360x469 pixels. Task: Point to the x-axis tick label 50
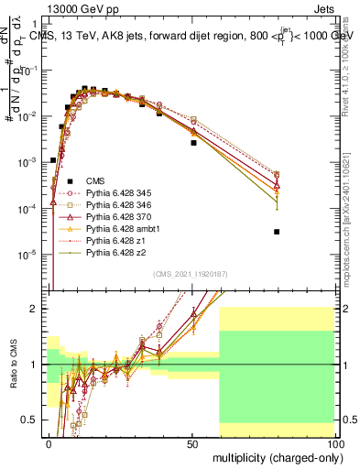[192, 442]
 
